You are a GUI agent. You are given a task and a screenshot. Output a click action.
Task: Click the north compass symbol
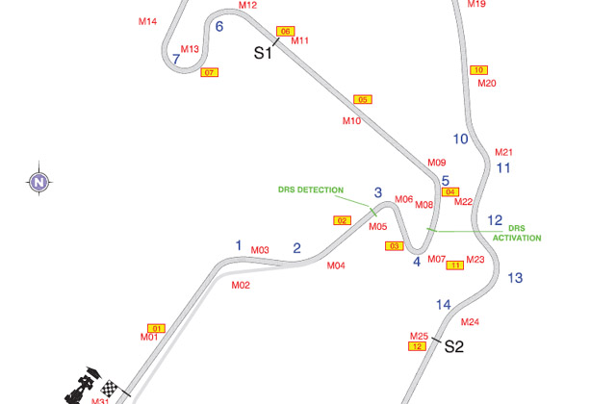click(x=38, y=181)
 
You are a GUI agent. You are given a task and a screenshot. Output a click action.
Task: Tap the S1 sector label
click(x=263, y=53)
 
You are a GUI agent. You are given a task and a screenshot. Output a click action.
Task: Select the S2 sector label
click(x=454, y=347)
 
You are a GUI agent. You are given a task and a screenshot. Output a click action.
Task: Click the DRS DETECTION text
click(x=311, y=190)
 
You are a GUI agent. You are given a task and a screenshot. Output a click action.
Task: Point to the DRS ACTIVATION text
click(x=517, y=233)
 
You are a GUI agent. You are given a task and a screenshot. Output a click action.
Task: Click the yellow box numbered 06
click(x=285, y=32)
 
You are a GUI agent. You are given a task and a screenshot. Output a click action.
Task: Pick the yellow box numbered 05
click(x=363, y=100)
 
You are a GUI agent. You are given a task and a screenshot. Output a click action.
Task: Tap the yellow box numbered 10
click(x=480, y=69)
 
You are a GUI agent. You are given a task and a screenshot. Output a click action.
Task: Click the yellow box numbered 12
click(x=418, y=346)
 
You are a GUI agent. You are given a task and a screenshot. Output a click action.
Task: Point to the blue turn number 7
click(x=176, y=60)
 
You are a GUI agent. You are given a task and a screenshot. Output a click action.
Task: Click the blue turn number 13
click(x=515, y=278)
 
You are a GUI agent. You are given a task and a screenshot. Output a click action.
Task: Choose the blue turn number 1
click(x=239, y=245)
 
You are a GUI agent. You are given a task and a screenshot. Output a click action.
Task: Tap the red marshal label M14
click(x=147, y=21)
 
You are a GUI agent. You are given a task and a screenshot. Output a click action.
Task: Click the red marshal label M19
click(x=476, y=4)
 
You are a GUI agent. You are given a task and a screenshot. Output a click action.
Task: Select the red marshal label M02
click(x=241, y=285)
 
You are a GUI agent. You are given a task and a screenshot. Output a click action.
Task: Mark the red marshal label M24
click(x=471, y=322)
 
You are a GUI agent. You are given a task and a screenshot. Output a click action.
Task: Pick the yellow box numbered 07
click(x=210, y=73)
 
